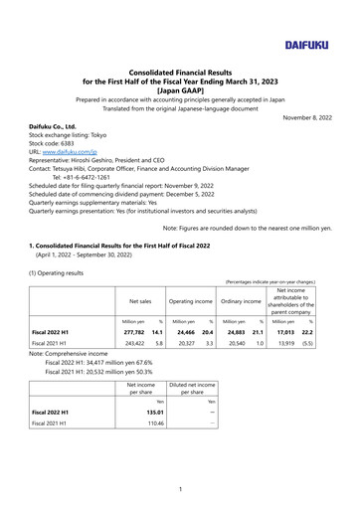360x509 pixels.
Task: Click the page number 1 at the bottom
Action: pyautogui.click(x=180, y=487)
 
